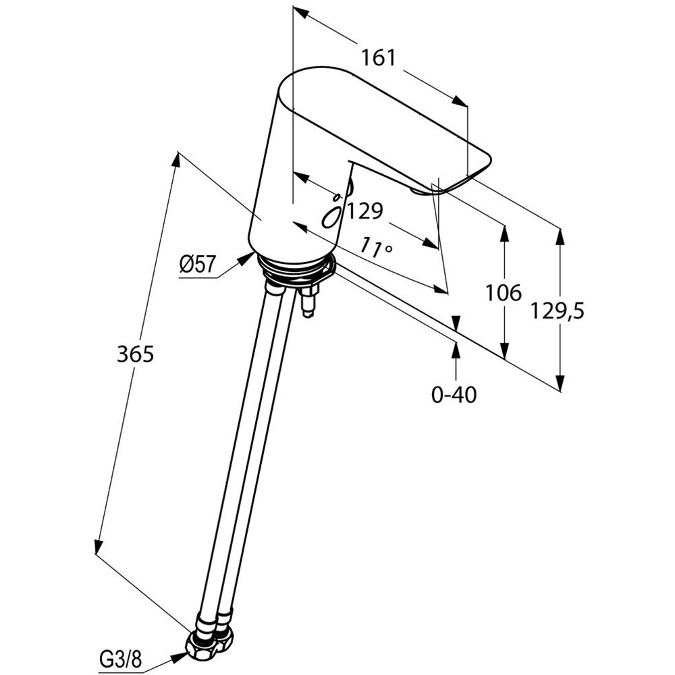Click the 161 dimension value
coord(377,58)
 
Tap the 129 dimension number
coord(365,211)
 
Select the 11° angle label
coord(376,246)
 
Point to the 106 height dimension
coord(504,292)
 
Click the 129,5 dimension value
coord(557,310)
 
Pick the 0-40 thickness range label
coord(454,395)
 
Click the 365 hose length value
coord(135,354)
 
